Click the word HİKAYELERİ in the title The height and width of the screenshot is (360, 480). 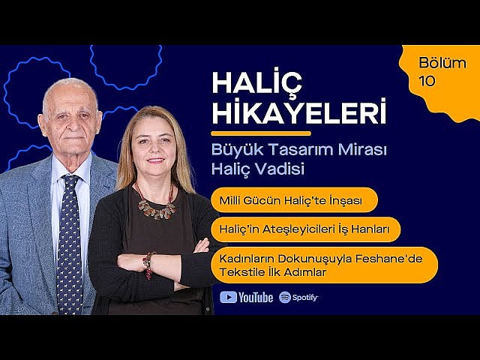298,113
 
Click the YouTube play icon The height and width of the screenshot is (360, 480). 229,297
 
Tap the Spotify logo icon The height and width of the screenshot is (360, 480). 285,297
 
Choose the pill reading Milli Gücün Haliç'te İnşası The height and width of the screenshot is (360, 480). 293,200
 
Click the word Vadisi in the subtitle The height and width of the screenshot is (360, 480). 280,169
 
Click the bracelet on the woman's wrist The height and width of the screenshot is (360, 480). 148,264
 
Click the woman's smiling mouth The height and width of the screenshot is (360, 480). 156,160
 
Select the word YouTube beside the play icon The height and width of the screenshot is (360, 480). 256,298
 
